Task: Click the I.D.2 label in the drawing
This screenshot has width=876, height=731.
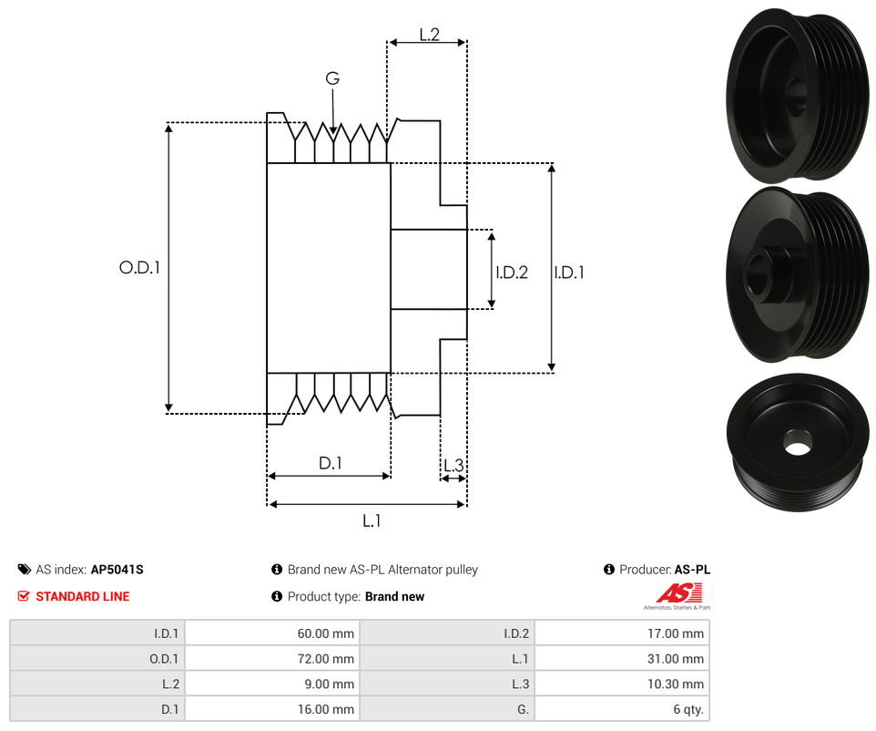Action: [x=512, y=272]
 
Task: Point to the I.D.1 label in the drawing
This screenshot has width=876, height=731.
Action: [x=569, y=272]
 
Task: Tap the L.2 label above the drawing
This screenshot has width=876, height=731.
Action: [x=429, y=35]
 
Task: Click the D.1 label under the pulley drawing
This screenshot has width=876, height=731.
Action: [x=330, y=463]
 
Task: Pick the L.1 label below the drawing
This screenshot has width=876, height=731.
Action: [x=371, y=520]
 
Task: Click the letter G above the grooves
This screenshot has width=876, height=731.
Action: [x=332, y=79]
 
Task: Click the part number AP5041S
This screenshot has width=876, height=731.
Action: [x=117, y=570]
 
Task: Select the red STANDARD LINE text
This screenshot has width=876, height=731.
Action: [x=82, y=596]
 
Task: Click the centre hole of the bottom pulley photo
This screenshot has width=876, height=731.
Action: [x=798, y=448]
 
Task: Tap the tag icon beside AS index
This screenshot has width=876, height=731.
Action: [x=25, y=570]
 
